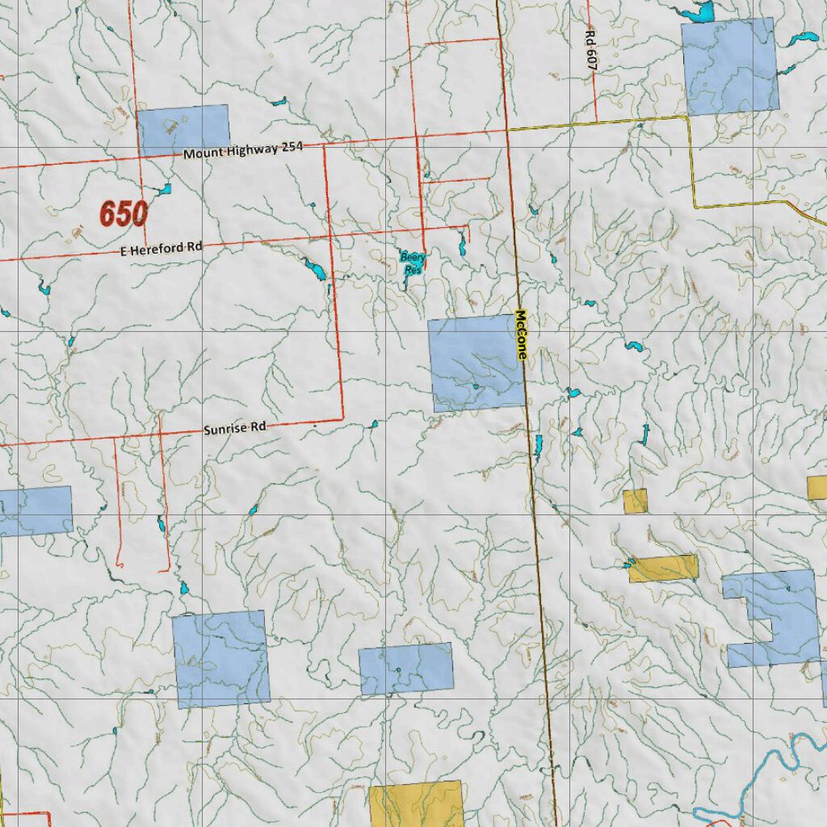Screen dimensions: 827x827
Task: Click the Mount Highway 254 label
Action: pyautogui.click(x=242, y=149)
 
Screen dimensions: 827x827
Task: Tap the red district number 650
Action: pyautogui.click(x=124, y=214)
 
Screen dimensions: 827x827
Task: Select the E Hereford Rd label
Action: pyautogui.click(x=162, y=250)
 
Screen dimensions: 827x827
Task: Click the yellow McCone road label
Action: pyautogui.click(x=521, y=335)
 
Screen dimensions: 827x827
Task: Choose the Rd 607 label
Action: pyautogui.click(x=590, y=52)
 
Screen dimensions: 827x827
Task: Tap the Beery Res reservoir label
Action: pyautogui.click(x=413, y=262)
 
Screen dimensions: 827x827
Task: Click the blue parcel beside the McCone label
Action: pyautogui.click(x=476, y=363)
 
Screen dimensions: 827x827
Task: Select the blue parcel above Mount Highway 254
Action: pyautogui.click(x=183, y=129)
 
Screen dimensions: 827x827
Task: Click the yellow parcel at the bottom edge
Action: pyautogui.click(x=416, y=804)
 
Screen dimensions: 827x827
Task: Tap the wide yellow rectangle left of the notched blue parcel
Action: pyautogui.click(x=664, y=568)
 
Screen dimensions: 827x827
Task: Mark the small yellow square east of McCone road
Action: pyautogui.click(x=636, y=501)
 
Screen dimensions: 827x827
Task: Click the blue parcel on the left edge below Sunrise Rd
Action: pyautogui.click(x=36, y=510)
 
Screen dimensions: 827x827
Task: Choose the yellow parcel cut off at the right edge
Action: pyautogui.click(x=817, y=487)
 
